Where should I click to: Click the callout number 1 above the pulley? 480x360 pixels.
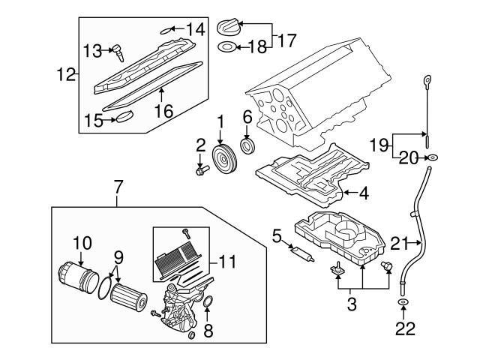[220, 121]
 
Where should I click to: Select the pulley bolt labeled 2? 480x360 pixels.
[201, 170]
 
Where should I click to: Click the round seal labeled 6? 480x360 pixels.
[246, 145]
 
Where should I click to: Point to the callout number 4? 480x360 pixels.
[363, 193]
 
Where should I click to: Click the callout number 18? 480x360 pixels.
[256, 47]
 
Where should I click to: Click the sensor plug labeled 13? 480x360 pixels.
[117, 51]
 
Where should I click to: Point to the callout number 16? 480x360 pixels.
[163, 111]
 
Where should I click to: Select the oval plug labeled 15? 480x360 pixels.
[122, 116]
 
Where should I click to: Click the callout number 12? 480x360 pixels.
[65, 74]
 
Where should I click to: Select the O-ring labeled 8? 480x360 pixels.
[208, 302]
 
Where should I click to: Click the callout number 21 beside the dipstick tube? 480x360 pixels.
[397, 241]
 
